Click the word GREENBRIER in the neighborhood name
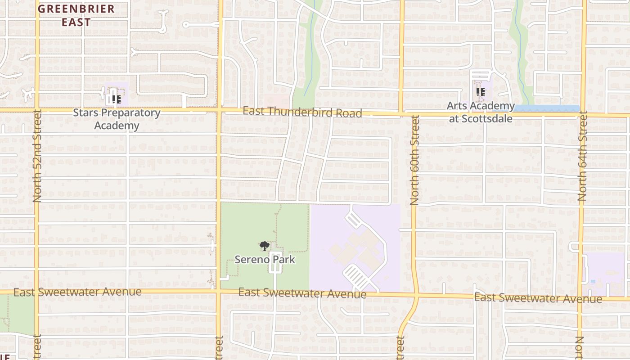pyautogui.click(x=76, y=9)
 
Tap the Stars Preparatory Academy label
pyautogui.click(x=117, y=119)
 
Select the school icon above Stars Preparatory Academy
pyautogui.click(x=116, y=99)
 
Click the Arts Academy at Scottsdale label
pyautogui.click(x=481, y=112)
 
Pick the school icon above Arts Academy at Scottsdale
pyautogui.click(x=481, y=92)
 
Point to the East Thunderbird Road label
pyautogui.click(x=302, y=112)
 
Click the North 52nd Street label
pyautogui.click(x=37, y=156)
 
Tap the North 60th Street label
pyautogui.click(x=414, y=160)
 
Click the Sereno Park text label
pyautogui.click(x=265, y=260)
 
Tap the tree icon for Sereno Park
pyautogui.click(x=264, y=246)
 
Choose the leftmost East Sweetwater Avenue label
pyautogui.click(x=77, y=292)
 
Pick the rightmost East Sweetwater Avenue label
pyautogui.click(x=538, y=298)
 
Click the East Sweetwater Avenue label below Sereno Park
pyautogui.click(x=302, y=293)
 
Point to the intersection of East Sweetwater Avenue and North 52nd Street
pyautogui.click(x=37, y=292)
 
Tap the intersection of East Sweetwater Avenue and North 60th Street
pyautogui.click(x=416, y=296)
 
